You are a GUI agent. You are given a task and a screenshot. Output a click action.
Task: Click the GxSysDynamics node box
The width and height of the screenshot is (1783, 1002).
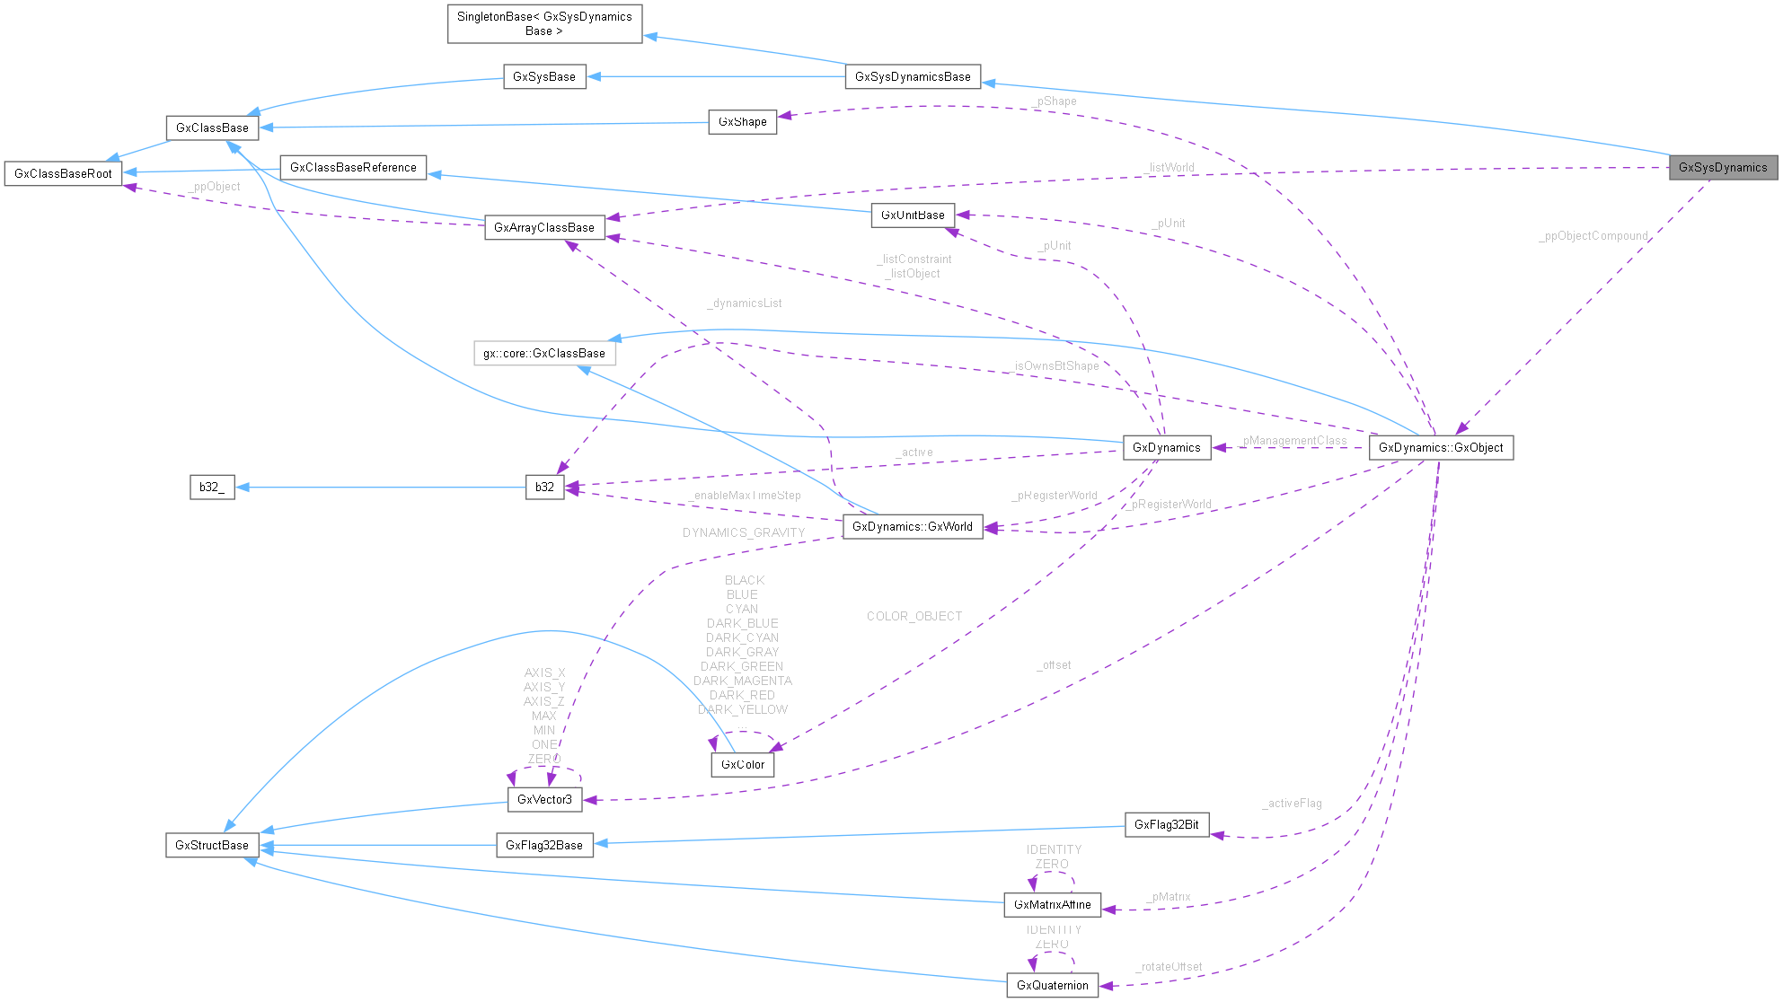coord(1722,168)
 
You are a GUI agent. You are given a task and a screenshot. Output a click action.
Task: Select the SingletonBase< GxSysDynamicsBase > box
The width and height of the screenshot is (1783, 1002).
coord(544,24)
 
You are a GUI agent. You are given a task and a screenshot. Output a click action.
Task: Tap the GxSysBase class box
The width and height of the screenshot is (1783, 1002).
coord(544,77)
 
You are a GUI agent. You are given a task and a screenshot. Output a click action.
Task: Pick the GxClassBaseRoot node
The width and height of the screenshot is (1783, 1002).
coord(63,174)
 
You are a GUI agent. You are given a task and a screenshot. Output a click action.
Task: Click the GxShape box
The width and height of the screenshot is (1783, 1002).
coord(743,122)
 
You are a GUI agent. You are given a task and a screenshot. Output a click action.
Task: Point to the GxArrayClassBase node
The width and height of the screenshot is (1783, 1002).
coord(544,228)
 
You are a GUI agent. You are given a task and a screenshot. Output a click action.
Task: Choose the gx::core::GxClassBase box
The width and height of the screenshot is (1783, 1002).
coord(544,354)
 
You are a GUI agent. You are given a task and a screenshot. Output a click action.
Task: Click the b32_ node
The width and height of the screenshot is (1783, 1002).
coord(212,488)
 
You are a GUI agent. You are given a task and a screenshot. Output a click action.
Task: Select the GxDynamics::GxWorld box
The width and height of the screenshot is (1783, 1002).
coord(912,527)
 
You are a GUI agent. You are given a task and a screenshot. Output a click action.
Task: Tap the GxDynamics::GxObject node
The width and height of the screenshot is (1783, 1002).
coord(1440,448)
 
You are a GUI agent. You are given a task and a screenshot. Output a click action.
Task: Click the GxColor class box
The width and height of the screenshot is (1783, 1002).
coord(743,765)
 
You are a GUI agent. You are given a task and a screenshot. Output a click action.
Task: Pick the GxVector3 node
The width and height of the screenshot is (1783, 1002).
coord(544,800)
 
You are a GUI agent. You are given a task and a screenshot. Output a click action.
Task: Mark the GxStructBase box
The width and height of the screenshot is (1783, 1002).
coord(212,846)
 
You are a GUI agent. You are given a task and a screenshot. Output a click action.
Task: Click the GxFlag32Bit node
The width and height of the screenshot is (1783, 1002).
coord(1166,825)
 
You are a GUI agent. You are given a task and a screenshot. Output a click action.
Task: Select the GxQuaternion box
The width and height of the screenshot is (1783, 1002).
coord(1052,986)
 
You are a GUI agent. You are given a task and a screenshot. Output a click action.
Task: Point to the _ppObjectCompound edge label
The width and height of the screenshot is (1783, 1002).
coord(1593,236)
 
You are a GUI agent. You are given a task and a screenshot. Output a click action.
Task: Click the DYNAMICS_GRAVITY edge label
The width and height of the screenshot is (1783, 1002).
coord(744,533)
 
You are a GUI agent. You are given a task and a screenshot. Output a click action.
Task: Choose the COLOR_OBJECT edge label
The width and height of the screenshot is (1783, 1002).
coord(914,617)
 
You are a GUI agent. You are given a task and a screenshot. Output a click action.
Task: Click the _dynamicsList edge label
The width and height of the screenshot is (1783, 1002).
coord(745,303)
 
